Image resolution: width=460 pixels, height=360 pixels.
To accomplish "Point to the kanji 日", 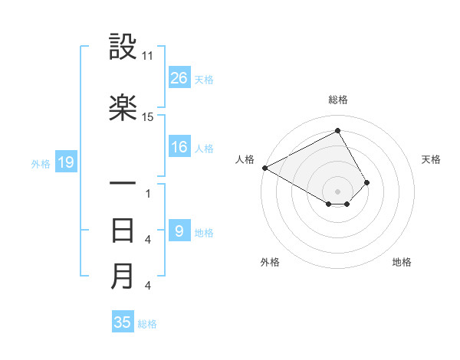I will (123, 231).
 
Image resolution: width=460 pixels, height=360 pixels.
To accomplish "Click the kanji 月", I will (123, 276).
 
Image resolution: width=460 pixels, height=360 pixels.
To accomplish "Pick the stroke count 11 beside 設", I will (148, 57).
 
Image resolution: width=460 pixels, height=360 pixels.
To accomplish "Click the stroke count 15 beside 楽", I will (148, 117).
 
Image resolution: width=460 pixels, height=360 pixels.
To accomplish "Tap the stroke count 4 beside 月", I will (147, 286).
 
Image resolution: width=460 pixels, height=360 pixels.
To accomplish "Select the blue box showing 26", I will (179, 77).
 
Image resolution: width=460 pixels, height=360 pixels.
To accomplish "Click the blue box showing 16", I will (179, 147).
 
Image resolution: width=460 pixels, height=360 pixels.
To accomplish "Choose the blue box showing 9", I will (179, 231).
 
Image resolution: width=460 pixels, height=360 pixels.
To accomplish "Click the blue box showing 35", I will (123, 322).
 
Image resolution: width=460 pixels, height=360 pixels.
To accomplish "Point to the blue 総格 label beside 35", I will (147, 324).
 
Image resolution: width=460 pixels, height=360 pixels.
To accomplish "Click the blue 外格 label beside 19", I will (41, 162).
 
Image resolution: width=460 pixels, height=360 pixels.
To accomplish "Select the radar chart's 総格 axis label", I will (338, 100).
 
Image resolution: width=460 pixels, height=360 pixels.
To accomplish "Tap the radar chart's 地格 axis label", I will (402, 262).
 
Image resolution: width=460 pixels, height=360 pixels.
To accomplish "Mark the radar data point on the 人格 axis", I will (264, 168).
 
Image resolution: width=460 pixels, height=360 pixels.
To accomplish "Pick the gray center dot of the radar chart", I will (338, 190).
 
